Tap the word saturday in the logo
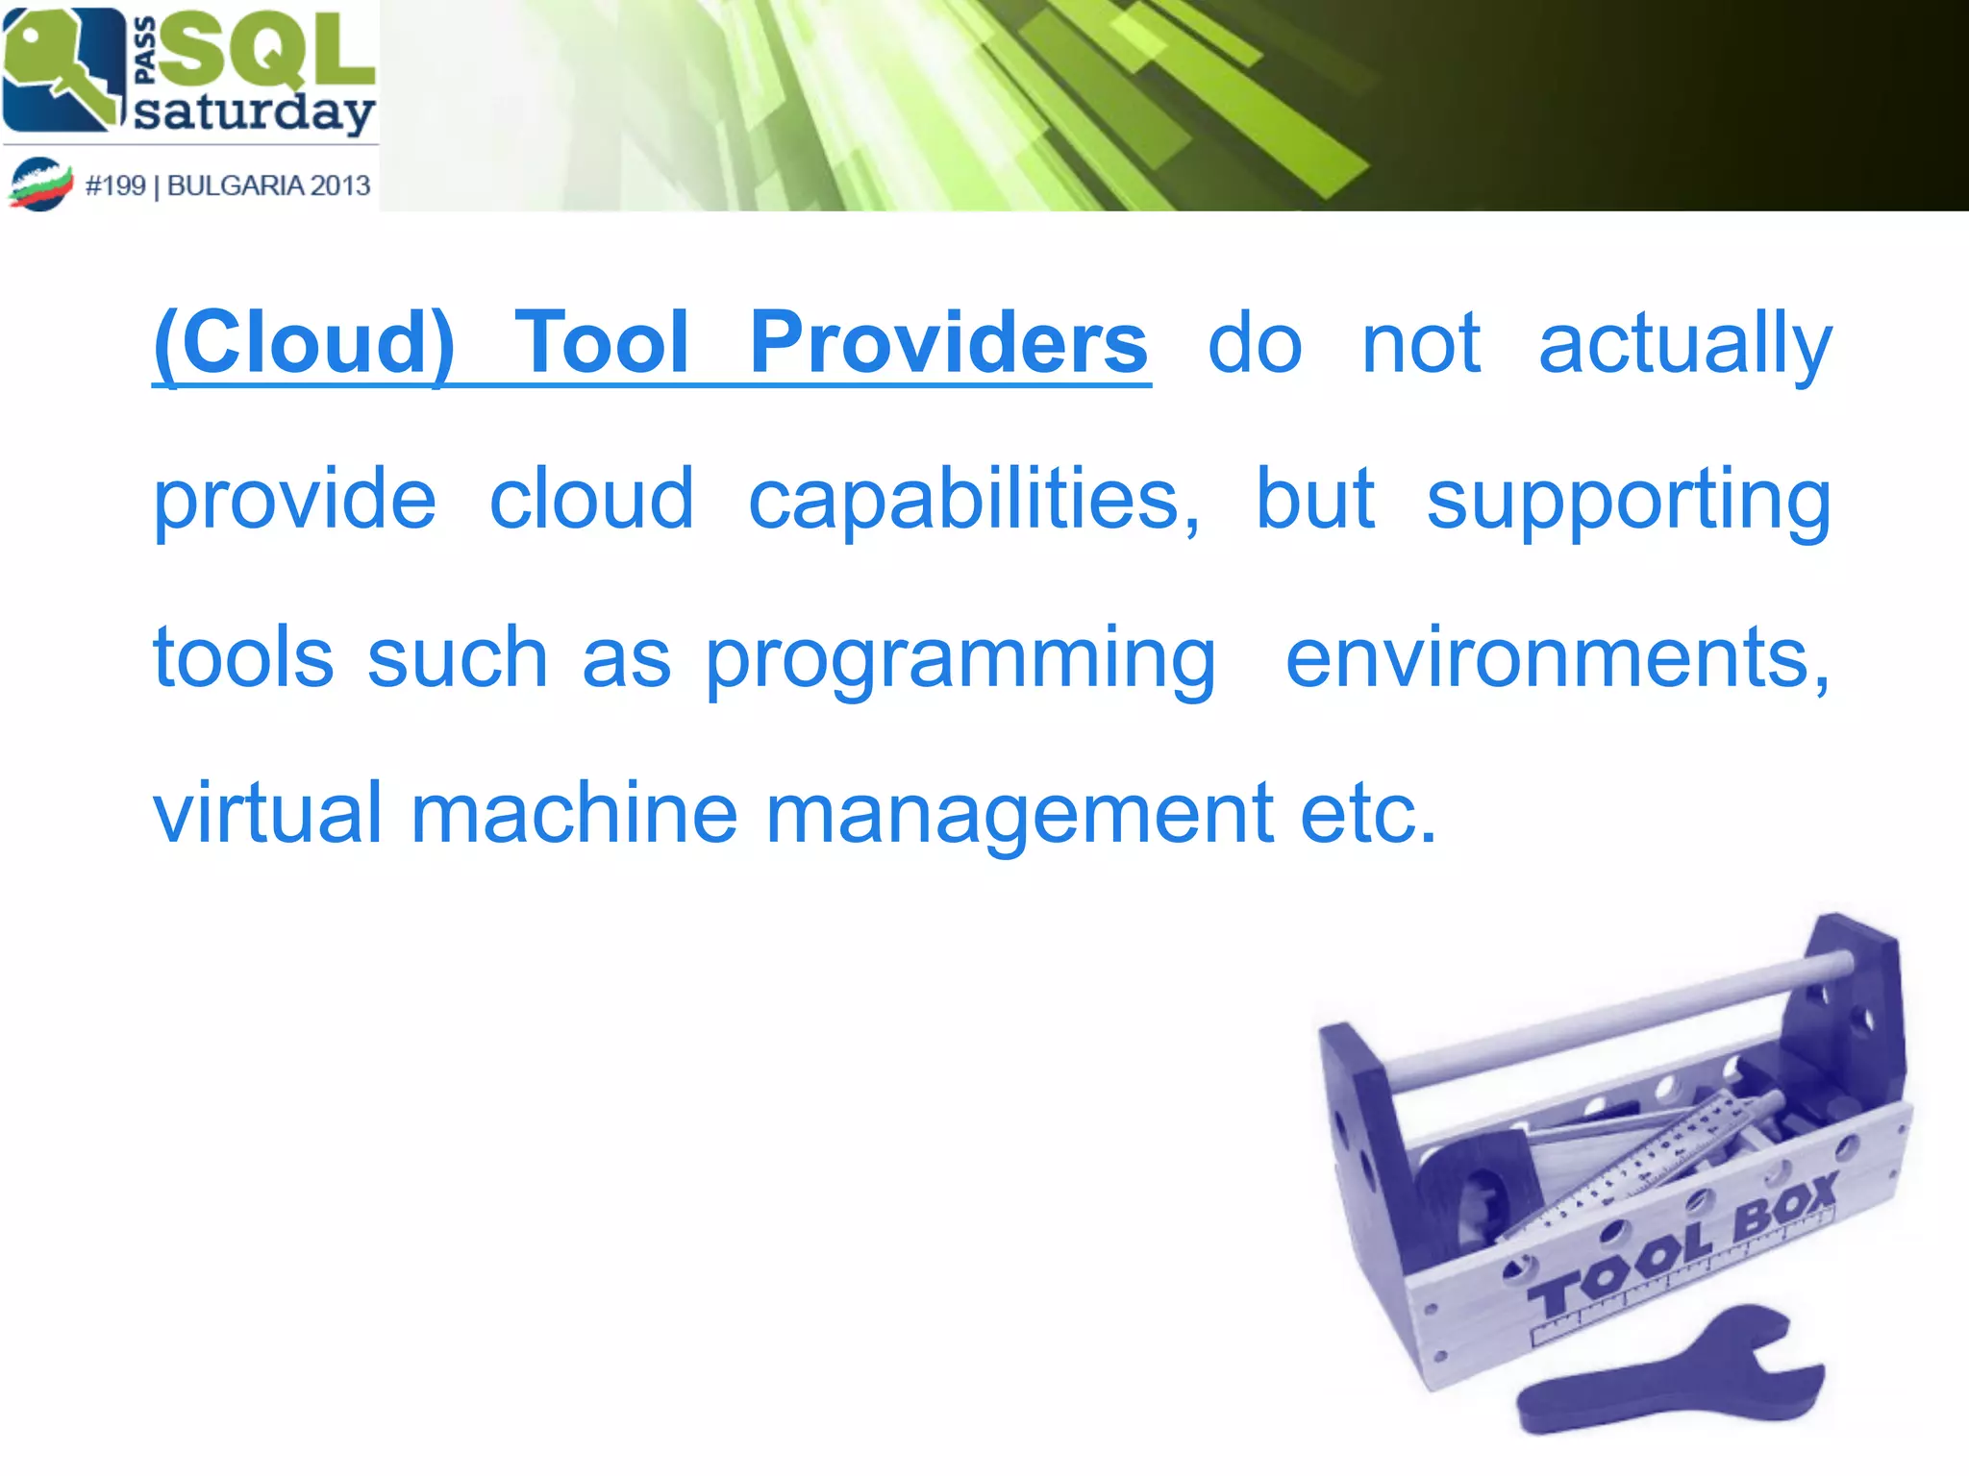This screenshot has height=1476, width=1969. pyautogui.click(x=253, y=112)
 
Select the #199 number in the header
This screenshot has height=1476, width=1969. pyautogui.click(x=115, y=184)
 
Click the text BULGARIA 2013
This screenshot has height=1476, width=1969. pyautogui.click(x=268, y=184)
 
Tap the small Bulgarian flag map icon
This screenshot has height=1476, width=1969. pyautogui.click(x=40, y=184)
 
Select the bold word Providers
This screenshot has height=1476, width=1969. pyautogui.click(x=948, y=343)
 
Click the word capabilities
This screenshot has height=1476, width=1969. pyautogui.click(x=973, y=500)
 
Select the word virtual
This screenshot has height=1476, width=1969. pyautogui.click(x=268, y=813)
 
